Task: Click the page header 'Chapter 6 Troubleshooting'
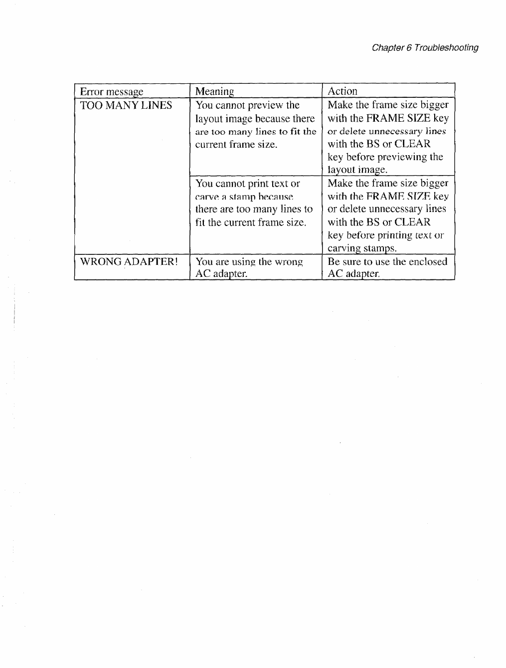point(425,48)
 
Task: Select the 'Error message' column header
point(111,92)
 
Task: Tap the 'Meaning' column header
point(214,92)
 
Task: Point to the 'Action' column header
point(342,91)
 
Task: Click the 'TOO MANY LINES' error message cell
point(126,105)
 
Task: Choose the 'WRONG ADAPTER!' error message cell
point(129,262)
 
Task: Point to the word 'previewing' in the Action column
point(402,157)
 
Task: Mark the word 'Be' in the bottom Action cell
point(334,262)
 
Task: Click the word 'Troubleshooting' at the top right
point(446,48)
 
